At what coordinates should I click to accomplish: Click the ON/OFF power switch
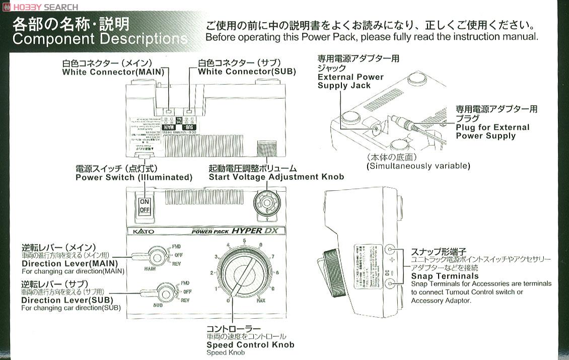[x=145, y=205]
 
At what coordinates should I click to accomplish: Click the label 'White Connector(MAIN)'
[x=113, y=72]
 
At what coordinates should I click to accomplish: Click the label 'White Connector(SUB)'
[x=247, y=72]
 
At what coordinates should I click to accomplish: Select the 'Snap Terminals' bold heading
[x=445, y=276]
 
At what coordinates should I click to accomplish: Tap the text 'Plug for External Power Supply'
[x=492, y=131]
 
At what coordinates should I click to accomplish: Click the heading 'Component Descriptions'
[x=99, y=39]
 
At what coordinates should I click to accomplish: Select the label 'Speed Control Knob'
[x=250, y=345]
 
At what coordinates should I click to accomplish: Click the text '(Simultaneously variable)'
[x=418, y=166]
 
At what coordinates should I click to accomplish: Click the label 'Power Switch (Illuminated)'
[x=134, y=177]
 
